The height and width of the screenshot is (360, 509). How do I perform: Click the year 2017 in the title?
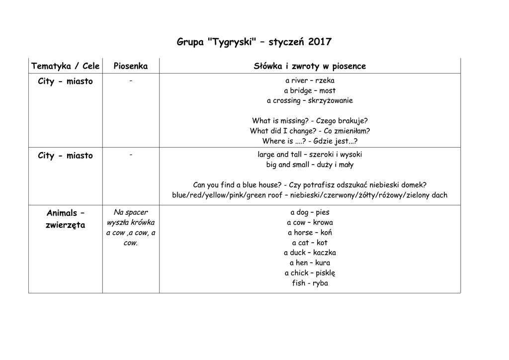tap(320, 42)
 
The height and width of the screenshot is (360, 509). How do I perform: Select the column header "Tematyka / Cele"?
tap(65, 66)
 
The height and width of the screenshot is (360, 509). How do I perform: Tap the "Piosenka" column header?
tap(131, 66)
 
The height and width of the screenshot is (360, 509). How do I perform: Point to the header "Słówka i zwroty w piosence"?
tap(310, 66)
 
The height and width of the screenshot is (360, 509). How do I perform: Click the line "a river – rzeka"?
tap(310, 81)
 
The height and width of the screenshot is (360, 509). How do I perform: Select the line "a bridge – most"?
tap(310, 90)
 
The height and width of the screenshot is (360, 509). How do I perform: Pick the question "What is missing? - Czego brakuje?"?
tap(310, 121)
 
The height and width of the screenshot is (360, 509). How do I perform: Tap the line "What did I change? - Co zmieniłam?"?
tap(310, 131)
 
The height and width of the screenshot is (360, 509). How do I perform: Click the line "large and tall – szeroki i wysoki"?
tap(310, 155)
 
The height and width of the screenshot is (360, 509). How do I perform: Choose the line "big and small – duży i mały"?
tap(310, 165)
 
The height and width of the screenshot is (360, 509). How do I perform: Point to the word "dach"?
tap(439, 195)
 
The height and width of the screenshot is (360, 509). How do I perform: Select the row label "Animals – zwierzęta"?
tap(65, 219)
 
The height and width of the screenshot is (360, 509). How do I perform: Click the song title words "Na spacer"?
tap(131, 212)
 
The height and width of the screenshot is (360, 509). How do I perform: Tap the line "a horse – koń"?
tap(310, 233)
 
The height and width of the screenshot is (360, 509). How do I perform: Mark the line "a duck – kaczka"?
tap(310, 253)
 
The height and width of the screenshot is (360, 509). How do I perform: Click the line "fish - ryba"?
tap(310, 283)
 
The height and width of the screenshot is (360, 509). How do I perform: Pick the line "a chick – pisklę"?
tap(310, 273)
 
